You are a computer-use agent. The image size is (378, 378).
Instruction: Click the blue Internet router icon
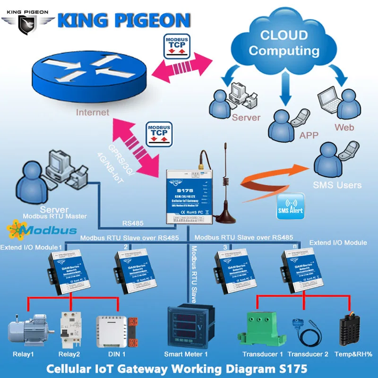pos(90,71)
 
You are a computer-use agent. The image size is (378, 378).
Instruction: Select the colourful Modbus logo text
pos(43,230)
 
